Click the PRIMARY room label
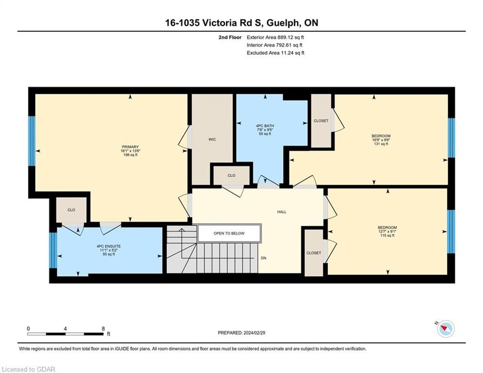click(x=130, y=147)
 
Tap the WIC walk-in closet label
click(x=212, y=140)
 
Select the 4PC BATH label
click(x=265, y=126)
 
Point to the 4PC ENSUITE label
click(x=109, y=246)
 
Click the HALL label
click(x=282, y=212)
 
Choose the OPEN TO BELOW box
click(x=229, y=233)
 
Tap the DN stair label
click(x=264, y=258)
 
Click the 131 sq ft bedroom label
click(x=381, y=136)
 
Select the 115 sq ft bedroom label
click(x=387, y=227)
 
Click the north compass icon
click(x=446, y=329)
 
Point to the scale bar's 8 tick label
click(x=103, y=329)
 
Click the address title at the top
click(x=242, y=23)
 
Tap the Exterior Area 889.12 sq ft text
click(x=275, y=37)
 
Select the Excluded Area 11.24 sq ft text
click(x=275, y=53)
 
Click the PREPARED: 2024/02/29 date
click(x=242, y=333)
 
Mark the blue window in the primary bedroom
click(x=32, y=141)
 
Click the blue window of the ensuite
click(x=53, y=250)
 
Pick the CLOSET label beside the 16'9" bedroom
click(x=321, y=121)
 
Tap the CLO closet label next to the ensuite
click(x=71, y=210)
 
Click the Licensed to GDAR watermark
click(x=28, y=369)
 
